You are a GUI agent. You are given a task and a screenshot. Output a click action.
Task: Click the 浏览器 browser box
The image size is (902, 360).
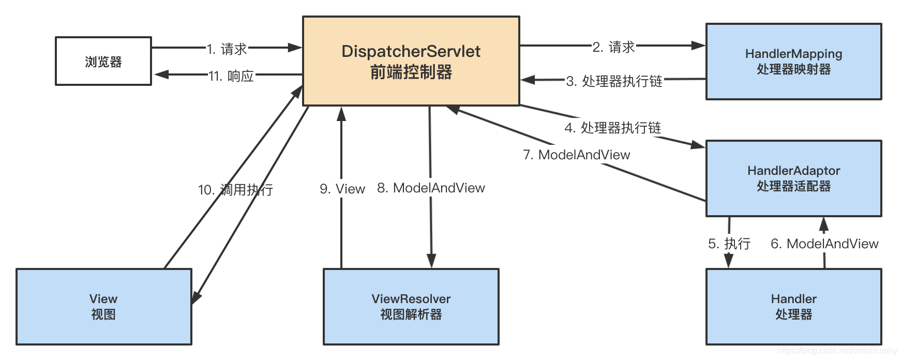103,61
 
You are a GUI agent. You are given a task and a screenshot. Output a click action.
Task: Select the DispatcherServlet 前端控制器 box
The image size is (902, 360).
411,61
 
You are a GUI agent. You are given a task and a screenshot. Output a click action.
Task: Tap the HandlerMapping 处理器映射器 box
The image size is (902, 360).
793,61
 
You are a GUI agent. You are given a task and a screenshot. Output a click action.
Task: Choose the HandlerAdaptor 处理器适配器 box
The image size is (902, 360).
793,178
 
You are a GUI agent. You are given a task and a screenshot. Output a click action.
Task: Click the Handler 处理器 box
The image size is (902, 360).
793,306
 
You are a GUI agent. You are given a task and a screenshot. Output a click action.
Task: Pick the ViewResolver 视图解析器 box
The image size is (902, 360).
411,306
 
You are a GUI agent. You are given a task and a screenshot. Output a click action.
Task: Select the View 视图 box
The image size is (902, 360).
103,306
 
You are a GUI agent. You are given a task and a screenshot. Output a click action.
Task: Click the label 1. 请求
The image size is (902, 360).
227,49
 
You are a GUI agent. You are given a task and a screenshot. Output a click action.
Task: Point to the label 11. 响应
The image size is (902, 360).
231,76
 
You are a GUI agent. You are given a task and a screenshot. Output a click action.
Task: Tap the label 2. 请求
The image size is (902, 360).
613,47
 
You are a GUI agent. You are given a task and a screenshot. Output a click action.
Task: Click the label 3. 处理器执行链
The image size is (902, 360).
614,81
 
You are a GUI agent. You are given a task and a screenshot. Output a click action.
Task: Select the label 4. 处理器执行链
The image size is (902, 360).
613,128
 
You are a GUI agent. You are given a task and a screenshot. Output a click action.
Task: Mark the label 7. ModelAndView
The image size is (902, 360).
576,155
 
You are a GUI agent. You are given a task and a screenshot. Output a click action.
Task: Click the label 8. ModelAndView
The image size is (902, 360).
431,188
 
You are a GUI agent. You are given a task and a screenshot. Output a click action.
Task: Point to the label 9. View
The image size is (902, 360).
342,189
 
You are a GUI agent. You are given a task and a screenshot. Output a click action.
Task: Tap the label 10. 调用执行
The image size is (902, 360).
235,190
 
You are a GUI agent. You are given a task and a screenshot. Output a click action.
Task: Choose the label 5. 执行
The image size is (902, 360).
729,244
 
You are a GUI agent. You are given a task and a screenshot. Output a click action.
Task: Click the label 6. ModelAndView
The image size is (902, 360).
824,244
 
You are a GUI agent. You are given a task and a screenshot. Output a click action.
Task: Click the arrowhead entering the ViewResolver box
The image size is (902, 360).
431,261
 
